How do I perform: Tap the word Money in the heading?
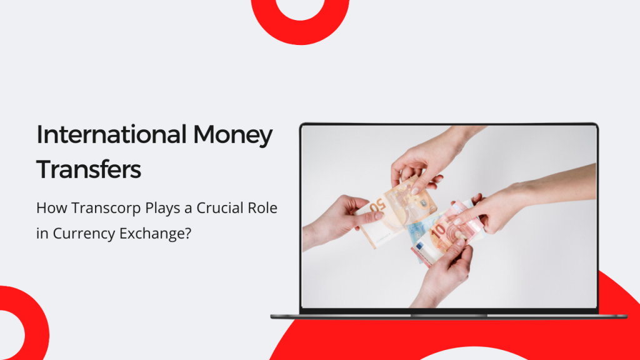pos(233,135)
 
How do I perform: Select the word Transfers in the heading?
pos(89,169)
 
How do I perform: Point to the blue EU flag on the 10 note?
pos(419,246)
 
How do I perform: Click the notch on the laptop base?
pos(448,316)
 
